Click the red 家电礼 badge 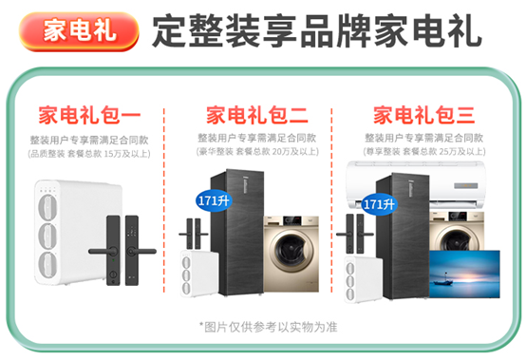click(79, 31)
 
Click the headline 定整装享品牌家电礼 click(317, 30)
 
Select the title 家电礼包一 click(89, 115)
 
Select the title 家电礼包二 click(257, 115)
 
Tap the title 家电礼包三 click(424, 115)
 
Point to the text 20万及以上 click(294, 152)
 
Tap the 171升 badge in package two click(214, 201)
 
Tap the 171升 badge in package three click(379, 204)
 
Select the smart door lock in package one click(122, 250)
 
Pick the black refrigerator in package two click(237, 233)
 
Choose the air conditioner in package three click(416, 184)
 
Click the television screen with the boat click(464, 275)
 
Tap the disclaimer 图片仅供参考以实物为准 click(269, 327)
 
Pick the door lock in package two click(194, 235)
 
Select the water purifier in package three click(364, 279)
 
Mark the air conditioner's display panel click(466, 186)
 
